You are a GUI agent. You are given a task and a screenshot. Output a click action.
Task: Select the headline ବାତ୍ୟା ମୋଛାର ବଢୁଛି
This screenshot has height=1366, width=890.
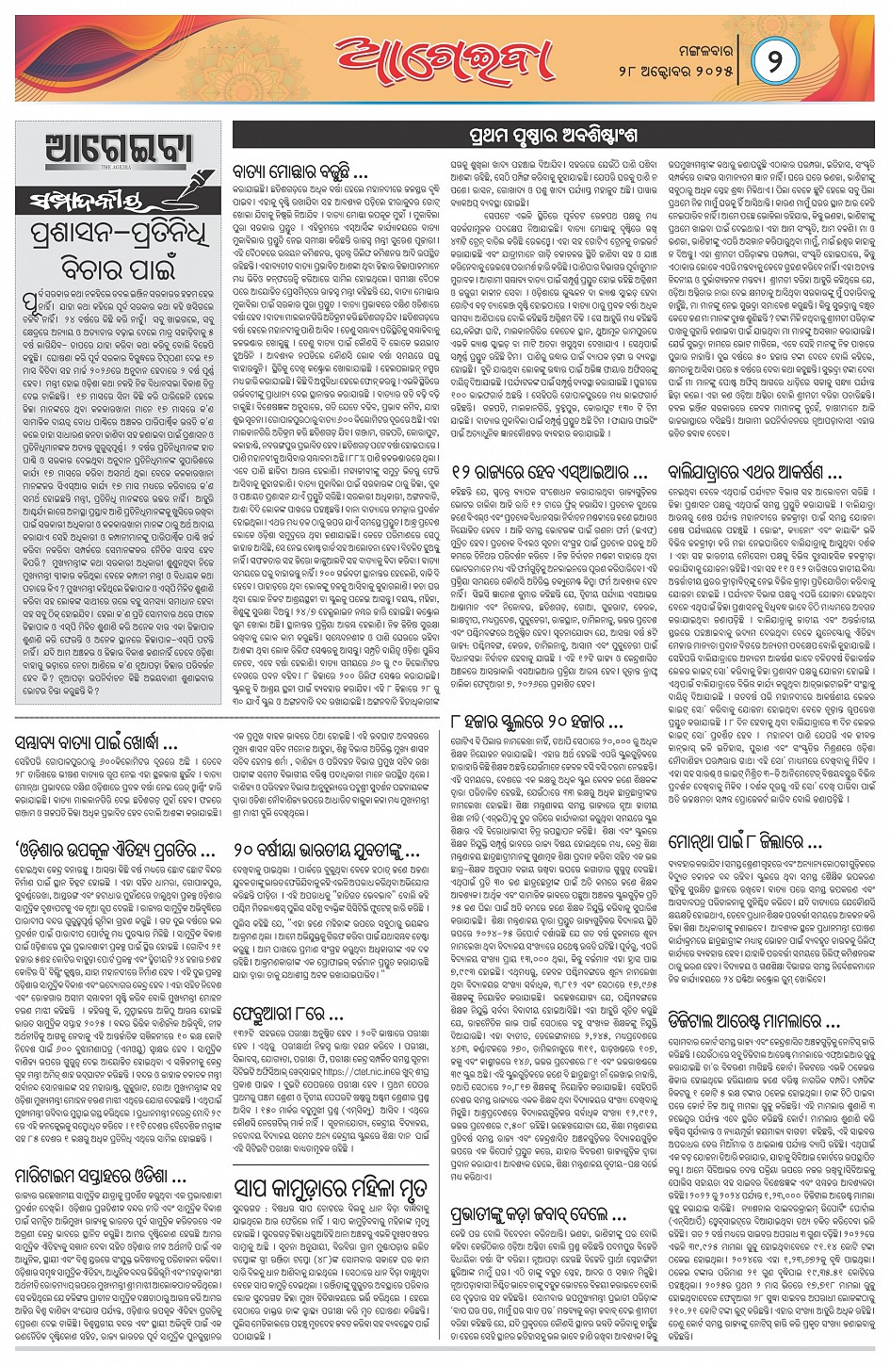300,173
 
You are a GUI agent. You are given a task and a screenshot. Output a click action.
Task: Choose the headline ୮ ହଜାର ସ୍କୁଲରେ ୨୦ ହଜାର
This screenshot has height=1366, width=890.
537,723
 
